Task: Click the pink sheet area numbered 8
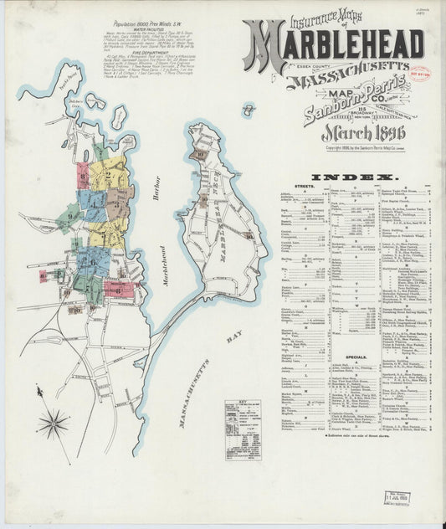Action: (x=44, y=276)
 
